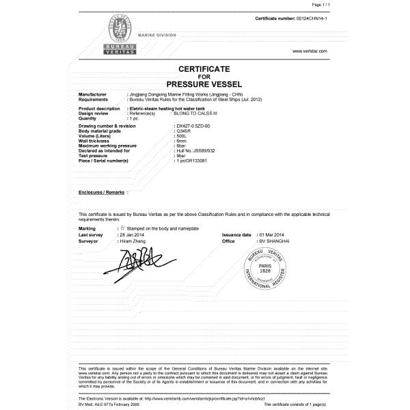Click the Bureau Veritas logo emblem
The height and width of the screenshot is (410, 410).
(119, 34)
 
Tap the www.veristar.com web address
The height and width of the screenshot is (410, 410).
(310, 51)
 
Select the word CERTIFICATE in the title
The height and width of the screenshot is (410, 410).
(205, 69)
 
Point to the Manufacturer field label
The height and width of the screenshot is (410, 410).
(92, 93)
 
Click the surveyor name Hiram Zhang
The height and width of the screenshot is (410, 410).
(136, 241)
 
